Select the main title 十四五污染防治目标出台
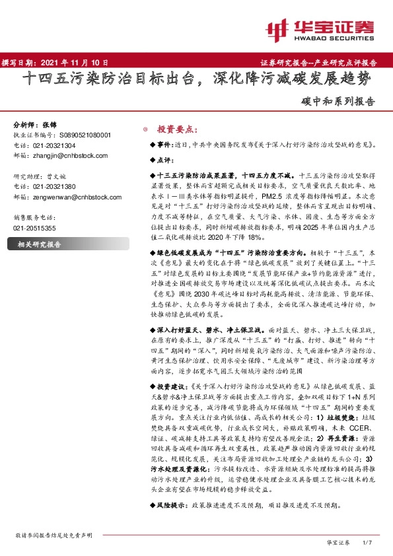(108, 80)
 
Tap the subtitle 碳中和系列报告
(342, 102)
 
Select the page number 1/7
(369, 542)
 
